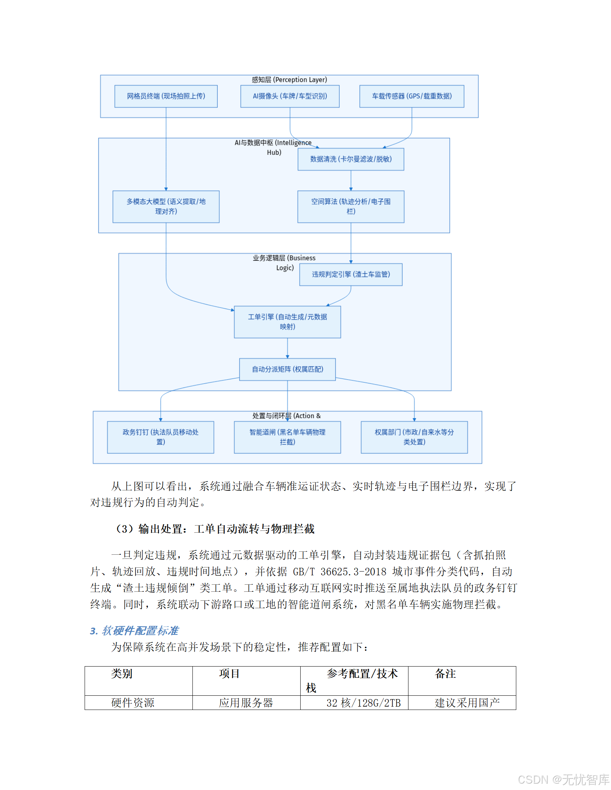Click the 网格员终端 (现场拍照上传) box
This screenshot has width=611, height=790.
(x=166, y=96)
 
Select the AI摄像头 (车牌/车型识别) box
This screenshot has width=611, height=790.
(x=290, y=96)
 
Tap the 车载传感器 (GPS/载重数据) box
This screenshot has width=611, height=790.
(x=411, y=96)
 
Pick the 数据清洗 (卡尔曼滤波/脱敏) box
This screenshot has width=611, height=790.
(x=351, y=159)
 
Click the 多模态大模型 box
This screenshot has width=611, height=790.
(x=166, y=206)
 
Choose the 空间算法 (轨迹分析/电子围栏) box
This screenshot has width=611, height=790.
(x=351, y=206)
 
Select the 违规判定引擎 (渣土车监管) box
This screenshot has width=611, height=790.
(x=351, y=275)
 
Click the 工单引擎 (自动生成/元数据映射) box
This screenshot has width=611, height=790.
(x=287, y=322)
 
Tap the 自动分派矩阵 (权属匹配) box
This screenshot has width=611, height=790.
(x=287, y=369)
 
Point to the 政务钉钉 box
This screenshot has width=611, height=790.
(x=161, y=437)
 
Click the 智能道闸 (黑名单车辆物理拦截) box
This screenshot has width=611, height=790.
(x=287, y=437)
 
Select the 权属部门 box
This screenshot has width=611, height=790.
(x=414, y=437)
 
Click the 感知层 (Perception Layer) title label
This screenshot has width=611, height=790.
(x=289, y=80)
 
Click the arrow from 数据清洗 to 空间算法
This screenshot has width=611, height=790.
(x=351, y=181)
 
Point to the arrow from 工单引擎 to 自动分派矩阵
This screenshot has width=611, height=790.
(x=287, y=348)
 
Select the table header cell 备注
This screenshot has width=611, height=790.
(x=445, y=674)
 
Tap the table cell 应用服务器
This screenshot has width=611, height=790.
(x=246, y=702)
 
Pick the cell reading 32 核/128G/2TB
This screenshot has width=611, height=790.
(x=363, y=703)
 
